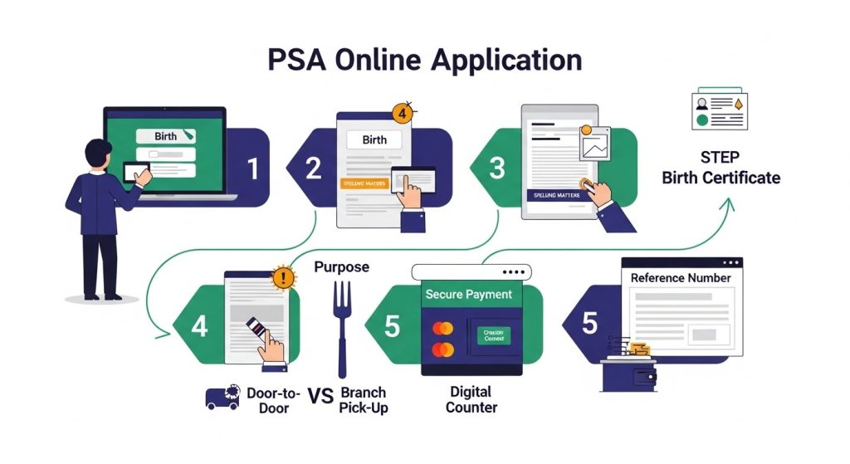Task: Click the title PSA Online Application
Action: click(x=424, y=62)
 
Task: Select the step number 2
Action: click(x=313, y=169)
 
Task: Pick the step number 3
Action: click(x=497, y=169)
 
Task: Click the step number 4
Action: click(x=199, y=326)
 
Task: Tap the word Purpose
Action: click(x=342, y=267)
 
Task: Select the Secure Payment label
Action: click(x=468, y=294)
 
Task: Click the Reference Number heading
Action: click(x=681, y=277)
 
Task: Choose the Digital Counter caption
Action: click(x=471, y=399)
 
